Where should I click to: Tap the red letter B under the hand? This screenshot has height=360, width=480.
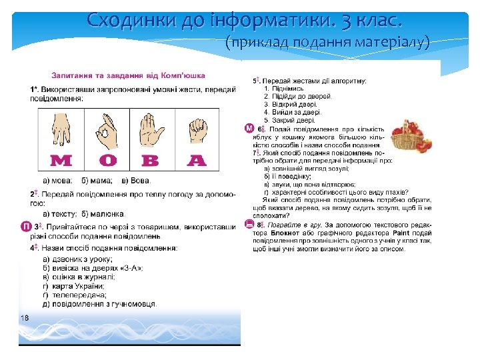coord(151,161)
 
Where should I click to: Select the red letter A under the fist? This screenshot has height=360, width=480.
coord(197,161)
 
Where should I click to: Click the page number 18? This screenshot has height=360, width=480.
coord(24,317)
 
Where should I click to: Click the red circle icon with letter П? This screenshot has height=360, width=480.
coord(24,228)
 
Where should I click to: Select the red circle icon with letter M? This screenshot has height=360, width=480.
coord(249,128)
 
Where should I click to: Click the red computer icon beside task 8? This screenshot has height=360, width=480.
coord(249,225)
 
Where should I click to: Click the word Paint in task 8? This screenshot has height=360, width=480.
coord(401,233)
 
